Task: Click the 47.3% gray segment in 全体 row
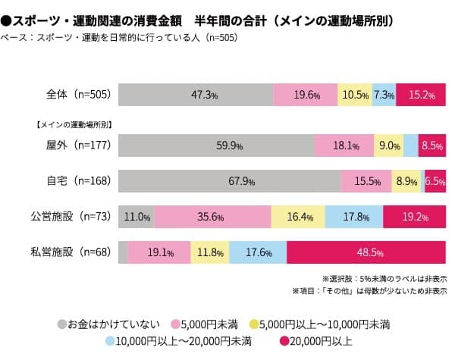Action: coord(196,95)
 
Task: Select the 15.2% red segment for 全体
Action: coord(421,95)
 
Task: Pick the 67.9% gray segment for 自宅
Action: coord(230,181)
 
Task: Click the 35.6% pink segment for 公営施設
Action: coord(212,217)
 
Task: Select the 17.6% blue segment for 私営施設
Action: coord(257,252)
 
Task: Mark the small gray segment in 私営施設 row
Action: coord(124,252)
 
